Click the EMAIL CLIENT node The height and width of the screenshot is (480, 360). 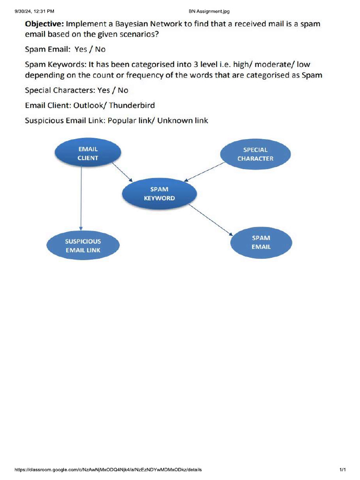[x=88, y=154]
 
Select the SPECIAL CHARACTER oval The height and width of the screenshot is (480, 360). [x=255, y=154]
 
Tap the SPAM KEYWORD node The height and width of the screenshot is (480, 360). [x=159, y=194]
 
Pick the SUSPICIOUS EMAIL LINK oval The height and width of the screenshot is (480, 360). [x=83, y=246]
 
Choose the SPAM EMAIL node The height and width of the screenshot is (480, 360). [x=261, y=242]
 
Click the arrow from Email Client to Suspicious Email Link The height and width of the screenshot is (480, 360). [x=81, y=197]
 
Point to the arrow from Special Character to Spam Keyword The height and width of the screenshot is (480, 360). [x=205, y=171]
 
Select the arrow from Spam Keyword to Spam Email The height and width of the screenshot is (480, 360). [x=211, y=220]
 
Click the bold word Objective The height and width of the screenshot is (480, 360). [x=45, y=23]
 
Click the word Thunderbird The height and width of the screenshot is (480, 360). [x=132, y=105]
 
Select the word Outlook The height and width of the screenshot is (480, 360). [x=89, y=105]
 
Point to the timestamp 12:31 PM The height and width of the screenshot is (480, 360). [x=45, y=11]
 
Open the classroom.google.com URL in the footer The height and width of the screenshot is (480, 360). [x=108, y=469]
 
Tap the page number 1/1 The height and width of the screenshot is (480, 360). [x=343, y=469]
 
